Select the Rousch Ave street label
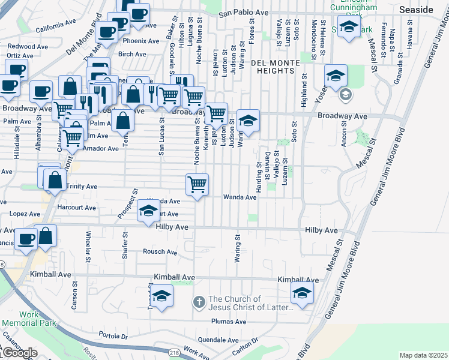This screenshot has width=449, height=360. click(160, 252)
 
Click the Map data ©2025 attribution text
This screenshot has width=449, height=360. click(423, 355)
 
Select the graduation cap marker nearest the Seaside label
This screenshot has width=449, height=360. click(349, 27)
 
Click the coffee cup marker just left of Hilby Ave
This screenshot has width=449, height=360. click(26, 238)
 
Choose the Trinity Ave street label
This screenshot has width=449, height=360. click(82, 187)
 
